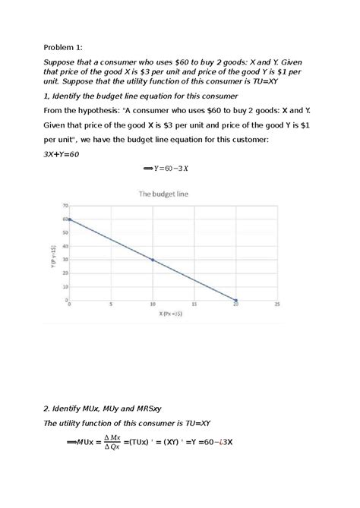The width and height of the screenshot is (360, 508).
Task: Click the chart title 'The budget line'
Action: pos(163,194)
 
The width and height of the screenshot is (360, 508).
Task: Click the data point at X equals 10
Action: pos(153,260)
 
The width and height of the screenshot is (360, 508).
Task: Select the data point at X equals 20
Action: pos(235,300)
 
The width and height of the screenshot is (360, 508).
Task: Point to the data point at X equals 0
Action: pos(70,219)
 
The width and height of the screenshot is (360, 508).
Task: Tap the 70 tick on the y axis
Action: pos(65,206)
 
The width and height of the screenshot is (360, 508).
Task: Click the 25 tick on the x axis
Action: pos(277,304)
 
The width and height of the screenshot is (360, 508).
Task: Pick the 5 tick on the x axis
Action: pos(111,304)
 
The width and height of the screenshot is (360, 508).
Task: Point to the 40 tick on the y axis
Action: pos(65,246)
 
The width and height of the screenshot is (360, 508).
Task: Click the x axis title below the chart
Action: pos(172,313)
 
